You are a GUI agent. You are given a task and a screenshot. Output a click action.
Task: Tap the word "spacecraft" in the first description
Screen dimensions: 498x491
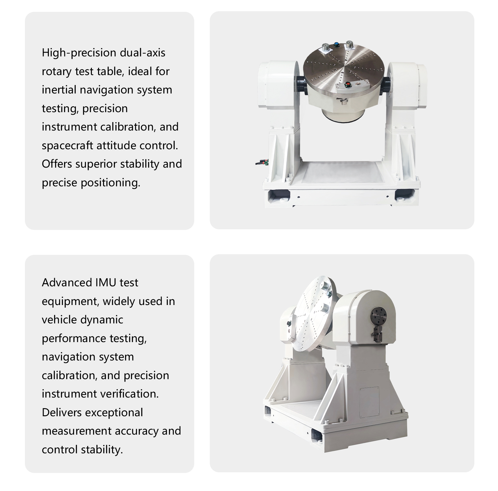pyautogui.click(x=67, y=145)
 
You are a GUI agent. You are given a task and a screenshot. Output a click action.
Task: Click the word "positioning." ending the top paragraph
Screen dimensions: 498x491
pyautogui.click(x=110, y=183)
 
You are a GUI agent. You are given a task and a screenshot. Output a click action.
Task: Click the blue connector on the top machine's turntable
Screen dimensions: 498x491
pyautogui.click(x=336, y=45)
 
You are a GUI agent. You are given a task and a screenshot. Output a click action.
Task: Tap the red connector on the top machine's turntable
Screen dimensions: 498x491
pyautogui.click(x=347, y=84)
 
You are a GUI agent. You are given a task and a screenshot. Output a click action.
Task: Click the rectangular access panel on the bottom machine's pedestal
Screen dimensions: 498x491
pyautogui.click(x=369, y=402)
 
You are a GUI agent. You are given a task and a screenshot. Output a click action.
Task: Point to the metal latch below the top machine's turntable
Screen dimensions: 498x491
pyautogui.click(x=343, y=101)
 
